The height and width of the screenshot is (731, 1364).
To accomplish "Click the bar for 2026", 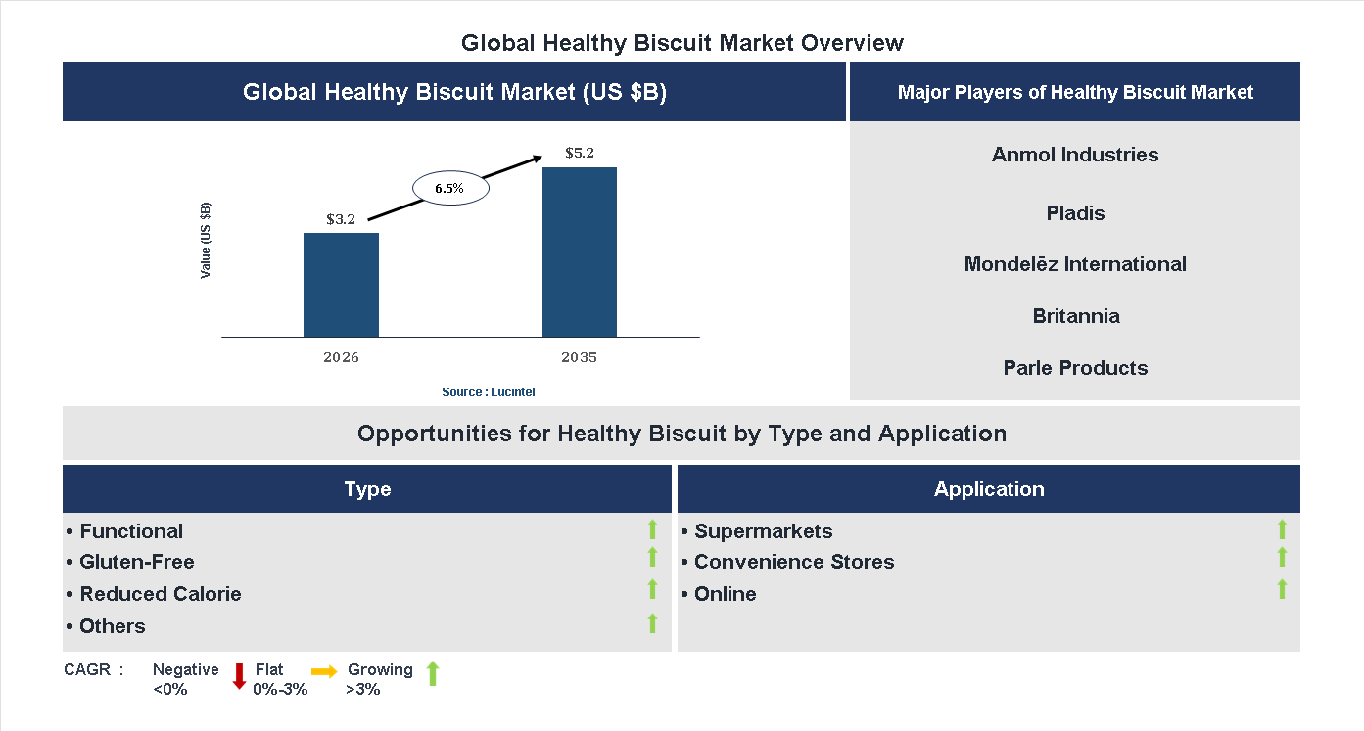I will (341, 285).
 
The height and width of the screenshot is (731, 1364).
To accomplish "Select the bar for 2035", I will (580, 252).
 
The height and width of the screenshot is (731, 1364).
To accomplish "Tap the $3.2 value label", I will (341, 219).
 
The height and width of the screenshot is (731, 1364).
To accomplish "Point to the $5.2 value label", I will (580, 154).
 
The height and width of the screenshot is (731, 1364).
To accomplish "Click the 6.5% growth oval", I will (449, 188).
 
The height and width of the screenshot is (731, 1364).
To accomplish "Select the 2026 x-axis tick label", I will (341, 357).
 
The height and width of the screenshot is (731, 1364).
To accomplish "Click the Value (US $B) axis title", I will (206, 241).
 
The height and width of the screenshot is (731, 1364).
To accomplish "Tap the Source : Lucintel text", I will (488, 392).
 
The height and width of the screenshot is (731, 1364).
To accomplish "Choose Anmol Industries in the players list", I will (1074, 155).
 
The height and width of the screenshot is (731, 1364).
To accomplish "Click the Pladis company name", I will (1074, 213).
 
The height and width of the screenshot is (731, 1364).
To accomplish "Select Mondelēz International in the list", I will (1074, 264).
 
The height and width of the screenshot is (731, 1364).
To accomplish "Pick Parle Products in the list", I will (1074, 368).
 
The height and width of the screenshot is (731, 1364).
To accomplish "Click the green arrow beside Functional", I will (652, 529).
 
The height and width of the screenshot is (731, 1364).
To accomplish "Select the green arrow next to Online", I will (1282, 589).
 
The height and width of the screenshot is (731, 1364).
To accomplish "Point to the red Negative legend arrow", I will (239, 676).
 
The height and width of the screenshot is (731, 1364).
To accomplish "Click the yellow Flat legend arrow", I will (324, 671).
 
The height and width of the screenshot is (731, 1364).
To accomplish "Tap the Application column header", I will (988, 489).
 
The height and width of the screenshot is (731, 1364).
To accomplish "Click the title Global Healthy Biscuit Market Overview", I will (682, 43).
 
